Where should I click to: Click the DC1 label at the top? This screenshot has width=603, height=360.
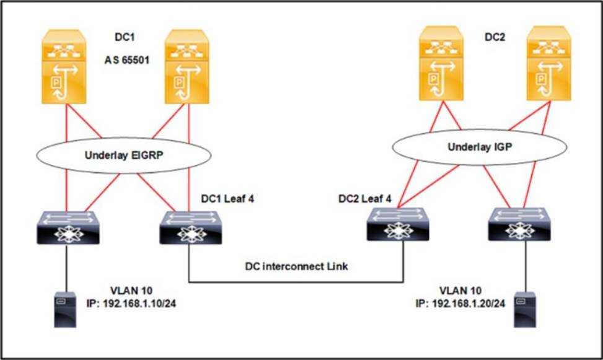(125, 37)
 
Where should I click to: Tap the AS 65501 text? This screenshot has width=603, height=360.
(127, 60)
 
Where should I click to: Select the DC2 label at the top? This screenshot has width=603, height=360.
(495, 37)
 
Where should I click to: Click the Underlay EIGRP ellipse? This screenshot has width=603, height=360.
(124, 138)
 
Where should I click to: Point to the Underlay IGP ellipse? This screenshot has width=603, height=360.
(480, 130)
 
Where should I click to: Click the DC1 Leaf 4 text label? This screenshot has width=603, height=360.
(227, 199)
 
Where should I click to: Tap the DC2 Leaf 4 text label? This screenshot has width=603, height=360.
(365, 199)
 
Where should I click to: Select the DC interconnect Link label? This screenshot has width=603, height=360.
(296, 266)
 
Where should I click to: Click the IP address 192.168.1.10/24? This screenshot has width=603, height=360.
(131, 304)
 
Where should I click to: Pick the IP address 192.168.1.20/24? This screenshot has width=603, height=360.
(460, 304)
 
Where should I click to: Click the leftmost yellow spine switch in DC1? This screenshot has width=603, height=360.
(64, 66)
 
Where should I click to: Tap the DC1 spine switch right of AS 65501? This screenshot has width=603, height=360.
(187, 66)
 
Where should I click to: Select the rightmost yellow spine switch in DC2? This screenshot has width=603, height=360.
(549, 63)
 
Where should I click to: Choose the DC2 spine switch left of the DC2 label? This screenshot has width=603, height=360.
(441, 63)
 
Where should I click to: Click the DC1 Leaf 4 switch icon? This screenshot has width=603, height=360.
(191, 227)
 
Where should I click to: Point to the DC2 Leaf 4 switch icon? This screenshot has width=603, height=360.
(398, 225)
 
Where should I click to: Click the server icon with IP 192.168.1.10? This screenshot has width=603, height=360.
(65, 310)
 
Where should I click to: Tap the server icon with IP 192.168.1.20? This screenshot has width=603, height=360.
(525, 310)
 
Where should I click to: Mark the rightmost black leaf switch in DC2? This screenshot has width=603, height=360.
(519, 225)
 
